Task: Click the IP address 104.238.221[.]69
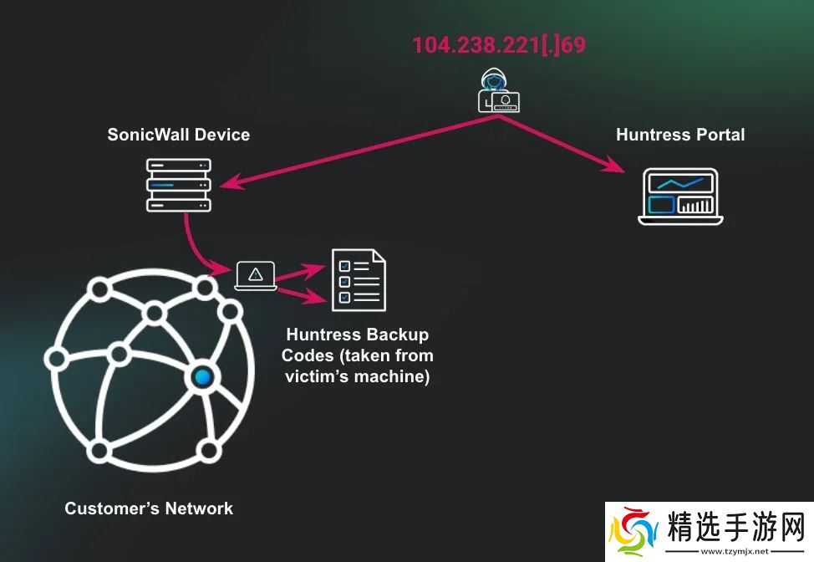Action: click(x=499, y=44)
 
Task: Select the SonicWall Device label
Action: click(x=178, y=134)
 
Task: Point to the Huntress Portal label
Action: click(x=679, y=134)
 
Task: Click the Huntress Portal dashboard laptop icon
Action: click(x=680, y=197)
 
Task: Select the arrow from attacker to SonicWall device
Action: click(x=351, y=151)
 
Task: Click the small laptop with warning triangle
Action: click(x=256, y=275)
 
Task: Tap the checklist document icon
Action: click(x=359, y=280)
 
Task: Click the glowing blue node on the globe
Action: click(x=201, y=377)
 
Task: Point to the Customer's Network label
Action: click(x=149, y=508)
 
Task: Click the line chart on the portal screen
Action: click(x=679, y=181)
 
